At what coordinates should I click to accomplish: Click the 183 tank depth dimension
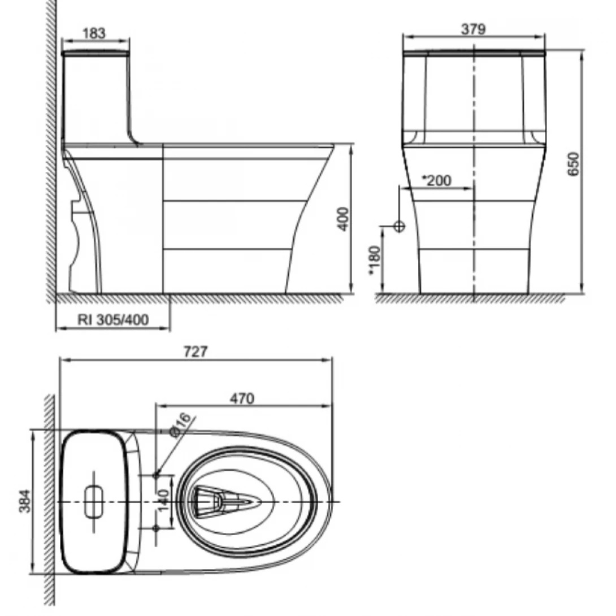pyautogui.click(x=94, y=33)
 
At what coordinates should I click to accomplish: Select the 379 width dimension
pyautogui.click(x=473, y=29)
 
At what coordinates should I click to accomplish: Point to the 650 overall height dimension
pyautogui.click(x=573, y=164)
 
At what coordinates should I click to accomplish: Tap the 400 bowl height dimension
pyautogui.click(x=343, y=219)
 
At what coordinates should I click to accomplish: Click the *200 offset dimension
pyautogui.click(x=437, y=180)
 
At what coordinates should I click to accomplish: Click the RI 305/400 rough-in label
pyautogui.click(x=113, y=320)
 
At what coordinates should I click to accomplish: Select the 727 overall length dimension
pyautogui.click(x=196, y=351)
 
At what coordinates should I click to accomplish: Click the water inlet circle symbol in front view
pyautogui.click(x=399, y=226)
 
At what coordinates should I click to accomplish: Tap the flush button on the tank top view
pyautogui.click(x=94, y=501)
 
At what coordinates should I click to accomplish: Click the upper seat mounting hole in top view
pyautogui.click(x=156, y=475)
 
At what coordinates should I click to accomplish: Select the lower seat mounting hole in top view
pyautogui.click(x=156, y=527)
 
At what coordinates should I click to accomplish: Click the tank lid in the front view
pyautogui.click(x=474, y=54)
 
